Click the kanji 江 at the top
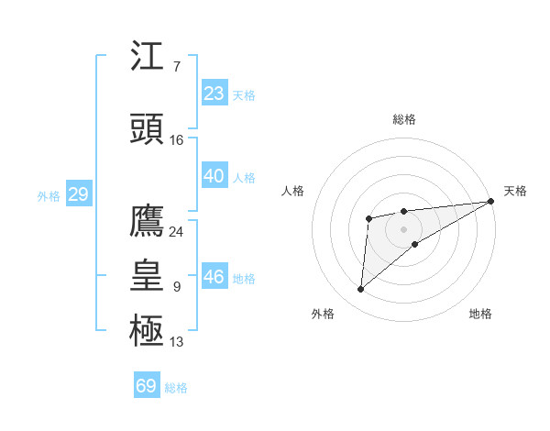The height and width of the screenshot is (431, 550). [x=148, y=57]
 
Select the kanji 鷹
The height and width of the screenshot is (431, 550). [x=148, y=221]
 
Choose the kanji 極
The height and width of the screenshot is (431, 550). [x=148, y=330]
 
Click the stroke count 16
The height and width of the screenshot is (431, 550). [x=177, y=140]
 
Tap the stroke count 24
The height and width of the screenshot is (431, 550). [x=177, y=232]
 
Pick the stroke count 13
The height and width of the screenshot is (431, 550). [x=177, y=342]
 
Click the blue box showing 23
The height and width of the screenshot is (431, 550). [x=214, y=93]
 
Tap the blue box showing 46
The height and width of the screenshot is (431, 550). [x=214, y=276]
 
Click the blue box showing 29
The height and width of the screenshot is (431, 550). [x=78, y=193]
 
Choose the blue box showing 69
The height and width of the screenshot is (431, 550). [x=147, y=385]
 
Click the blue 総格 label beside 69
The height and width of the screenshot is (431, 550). [x=176, y=387]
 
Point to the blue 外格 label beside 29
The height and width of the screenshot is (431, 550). [x=49, y=195]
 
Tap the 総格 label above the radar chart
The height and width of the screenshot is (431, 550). [x=404, y=119]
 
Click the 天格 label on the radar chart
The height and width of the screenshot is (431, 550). [x=515, y=191]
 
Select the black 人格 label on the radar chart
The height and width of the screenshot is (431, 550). [x=293, y=191]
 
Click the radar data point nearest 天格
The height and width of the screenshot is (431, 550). [x=491, y=201]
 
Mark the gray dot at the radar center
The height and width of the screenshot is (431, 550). [x=403, y=228]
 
